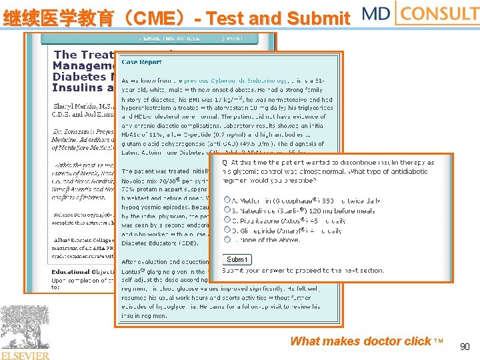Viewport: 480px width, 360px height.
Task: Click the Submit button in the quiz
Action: pos(237,259)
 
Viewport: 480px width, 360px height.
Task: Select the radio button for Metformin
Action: pos(227,199)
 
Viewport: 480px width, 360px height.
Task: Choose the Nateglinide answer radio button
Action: pos(227,209)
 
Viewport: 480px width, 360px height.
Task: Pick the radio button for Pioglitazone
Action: pos(227,219)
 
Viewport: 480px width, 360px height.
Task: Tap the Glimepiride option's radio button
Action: pos(227,230)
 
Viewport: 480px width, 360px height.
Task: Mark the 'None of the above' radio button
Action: pos(227,240)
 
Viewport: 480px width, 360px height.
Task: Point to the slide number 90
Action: pos(465,347)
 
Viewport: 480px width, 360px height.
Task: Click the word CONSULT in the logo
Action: pos(440,13)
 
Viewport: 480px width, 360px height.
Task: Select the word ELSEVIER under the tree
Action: pos(25,355)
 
